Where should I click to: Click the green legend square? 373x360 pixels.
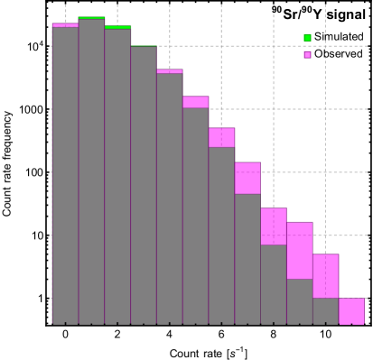click(307, 38)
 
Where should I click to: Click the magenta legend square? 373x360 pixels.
click(307, 54)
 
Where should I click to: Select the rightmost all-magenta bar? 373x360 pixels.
click(351, 310)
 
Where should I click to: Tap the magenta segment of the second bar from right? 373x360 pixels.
click(325, 275)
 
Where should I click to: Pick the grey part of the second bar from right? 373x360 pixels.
click(325, 310)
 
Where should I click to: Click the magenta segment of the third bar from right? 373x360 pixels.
click(299, 250)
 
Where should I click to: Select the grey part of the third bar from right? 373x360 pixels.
click(299, 301)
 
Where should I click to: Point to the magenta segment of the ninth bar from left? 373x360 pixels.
click(274, 226)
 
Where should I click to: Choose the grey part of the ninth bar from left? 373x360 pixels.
click(274, 284)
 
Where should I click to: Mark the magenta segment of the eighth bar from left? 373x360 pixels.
click(247, 178)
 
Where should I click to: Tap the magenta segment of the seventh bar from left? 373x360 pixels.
click(221, 137)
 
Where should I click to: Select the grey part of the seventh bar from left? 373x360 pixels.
click(221, 235)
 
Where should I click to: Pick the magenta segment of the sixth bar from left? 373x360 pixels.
click(195, 102)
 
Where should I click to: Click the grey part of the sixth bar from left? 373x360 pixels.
click(195, 216)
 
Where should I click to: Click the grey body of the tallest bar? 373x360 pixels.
click(91, 171)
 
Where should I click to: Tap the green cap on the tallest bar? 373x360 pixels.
click(91, 18)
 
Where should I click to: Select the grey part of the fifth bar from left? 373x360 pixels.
click(169, 198)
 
